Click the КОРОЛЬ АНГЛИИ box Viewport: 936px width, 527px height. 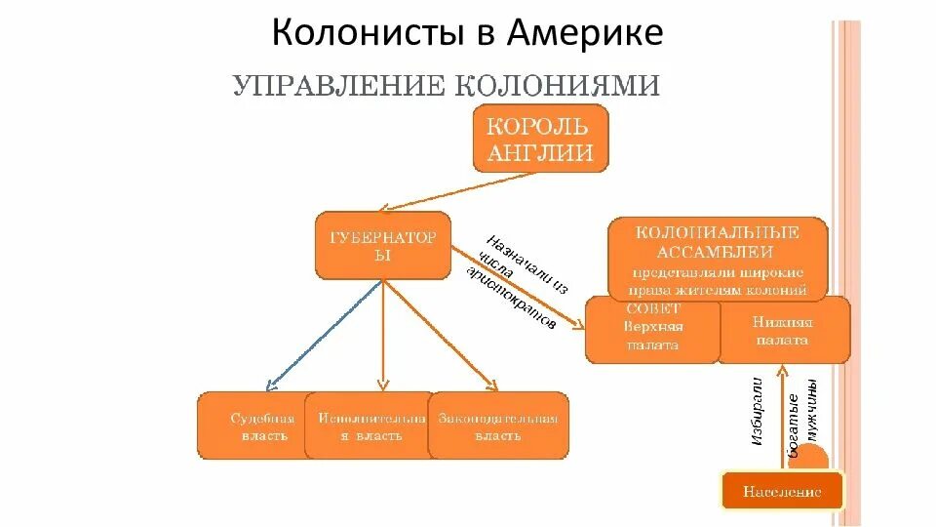tap(540, 140)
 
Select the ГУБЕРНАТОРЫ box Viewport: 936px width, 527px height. tap(383, 245)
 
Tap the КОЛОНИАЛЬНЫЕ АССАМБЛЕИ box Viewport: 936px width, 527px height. tap(718, 260)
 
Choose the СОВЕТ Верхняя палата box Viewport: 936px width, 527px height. tap(652, 329)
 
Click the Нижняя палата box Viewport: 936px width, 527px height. tap(784, 330)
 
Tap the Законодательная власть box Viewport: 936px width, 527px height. tap(498, 426)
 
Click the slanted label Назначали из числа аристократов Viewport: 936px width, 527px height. tap(514, 281)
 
